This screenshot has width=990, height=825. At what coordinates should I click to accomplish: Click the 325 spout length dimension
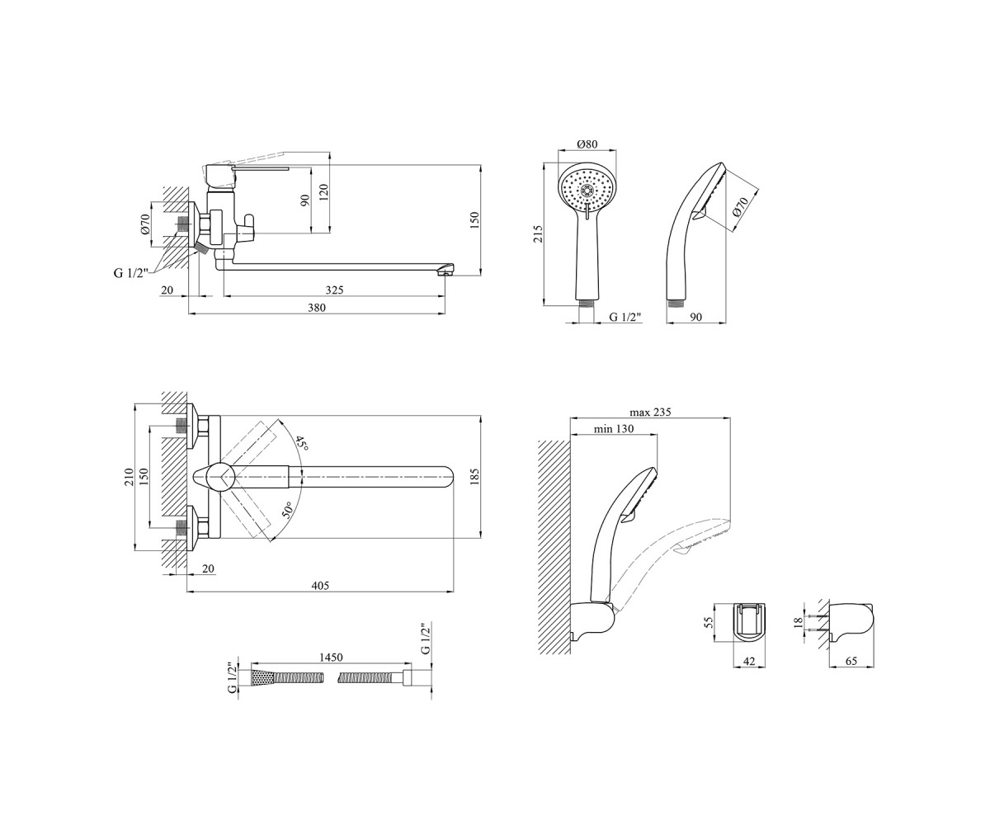[334, 290]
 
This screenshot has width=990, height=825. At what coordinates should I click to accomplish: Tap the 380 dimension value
[317, 308]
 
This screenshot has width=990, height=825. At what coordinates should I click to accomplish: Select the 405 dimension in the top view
[320, 586]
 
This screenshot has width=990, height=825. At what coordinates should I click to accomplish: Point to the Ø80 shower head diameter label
[587, 144]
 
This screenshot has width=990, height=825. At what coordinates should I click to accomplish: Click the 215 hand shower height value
[538, 234]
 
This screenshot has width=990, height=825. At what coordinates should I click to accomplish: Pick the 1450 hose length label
[331, 658]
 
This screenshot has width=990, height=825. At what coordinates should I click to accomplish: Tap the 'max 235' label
[650, 412]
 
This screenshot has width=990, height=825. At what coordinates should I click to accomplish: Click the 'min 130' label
[614, 429]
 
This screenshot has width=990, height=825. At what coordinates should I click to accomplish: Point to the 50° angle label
[288, 511]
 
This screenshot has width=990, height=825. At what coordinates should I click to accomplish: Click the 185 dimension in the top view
[475, 477]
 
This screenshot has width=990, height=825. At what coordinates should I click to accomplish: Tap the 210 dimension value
[128, 477]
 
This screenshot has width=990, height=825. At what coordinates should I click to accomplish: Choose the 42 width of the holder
[748, 661]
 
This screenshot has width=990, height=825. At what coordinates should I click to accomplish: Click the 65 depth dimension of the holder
[851, 661]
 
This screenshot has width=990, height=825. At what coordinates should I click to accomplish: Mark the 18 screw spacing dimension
[799, 622]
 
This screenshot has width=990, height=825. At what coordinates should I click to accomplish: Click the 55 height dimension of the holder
[709, 622]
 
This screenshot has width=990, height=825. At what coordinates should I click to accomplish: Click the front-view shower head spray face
[587, 191]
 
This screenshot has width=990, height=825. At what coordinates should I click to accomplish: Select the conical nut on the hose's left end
[262, 677]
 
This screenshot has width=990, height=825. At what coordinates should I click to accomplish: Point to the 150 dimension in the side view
[475, 220]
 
